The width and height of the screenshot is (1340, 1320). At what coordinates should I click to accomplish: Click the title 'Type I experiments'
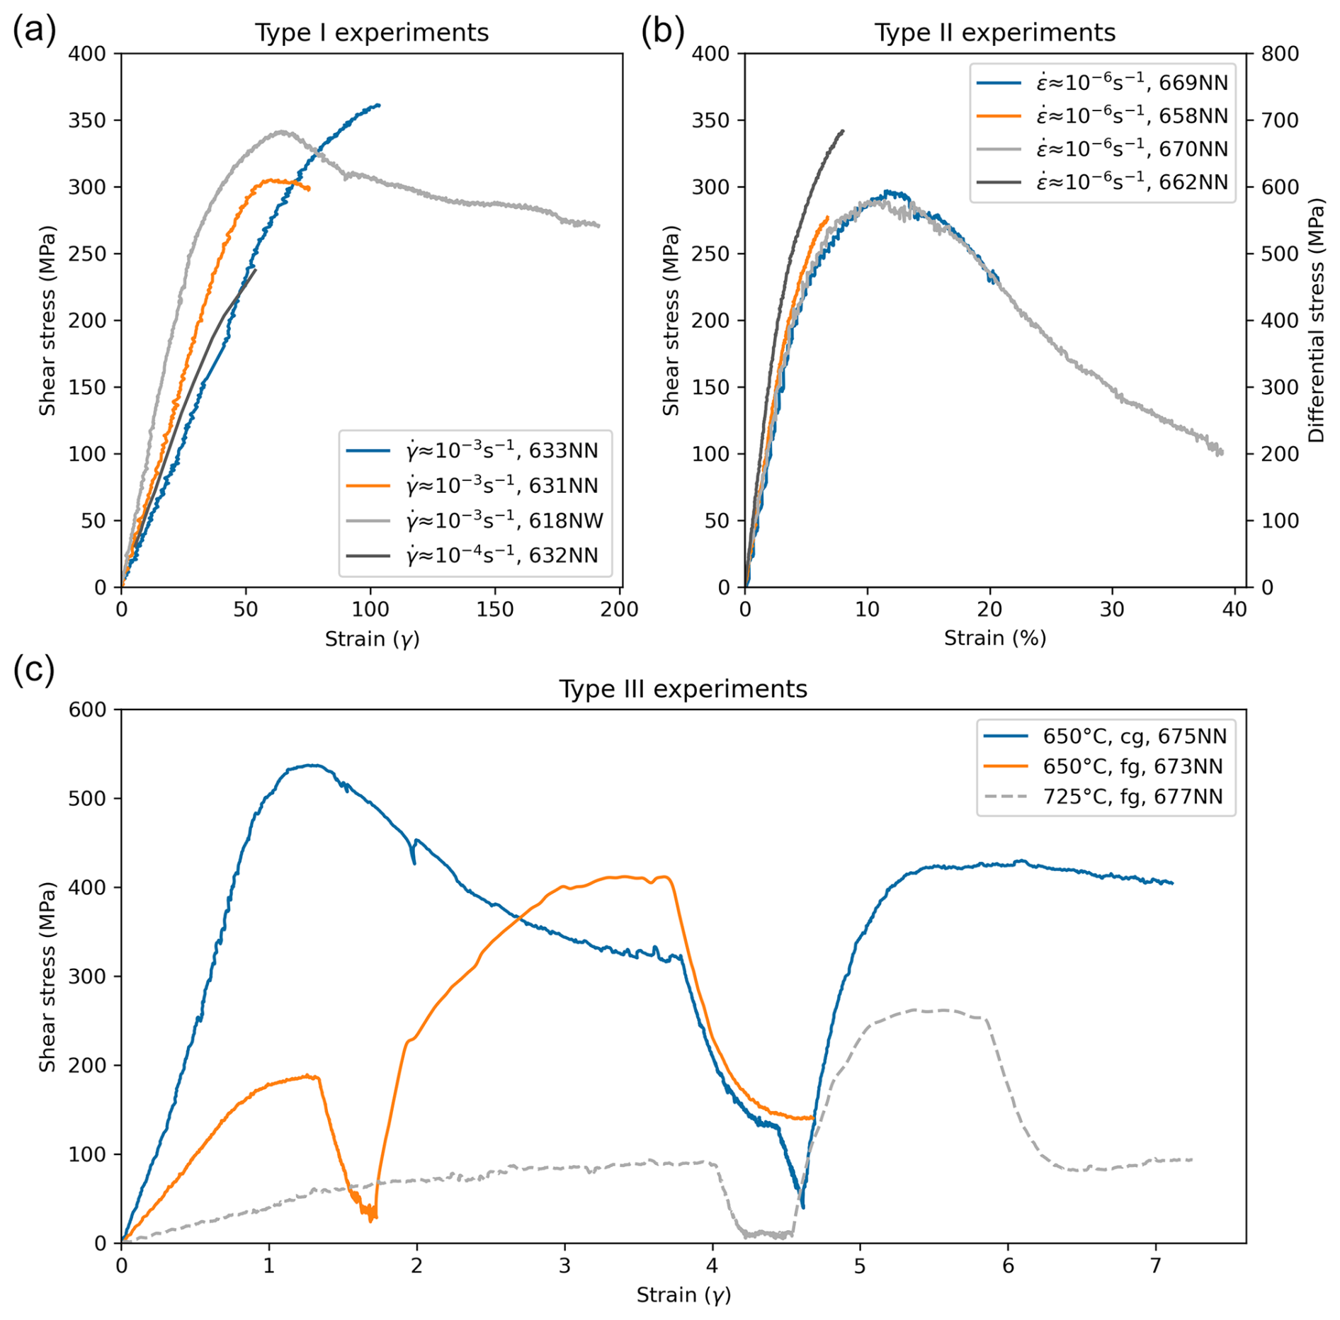[372, 33]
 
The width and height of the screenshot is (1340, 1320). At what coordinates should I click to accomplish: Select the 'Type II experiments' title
[994, 33]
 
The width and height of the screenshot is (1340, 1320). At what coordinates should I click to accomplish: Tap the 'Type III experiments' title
[683, 689]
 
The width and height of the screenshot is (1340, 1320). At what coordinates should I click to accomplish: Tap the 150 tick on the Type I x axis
[494, 610]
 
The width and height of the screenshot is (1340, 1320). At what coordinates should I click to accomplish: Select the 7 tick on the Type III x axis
[1156, 1265]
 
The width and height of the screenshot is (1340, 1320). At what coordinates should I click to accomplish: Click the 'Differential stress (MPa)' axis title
[1316, 320]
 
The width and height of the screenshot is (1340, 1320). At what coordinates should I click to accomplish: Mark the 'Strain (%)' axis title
[994, 639]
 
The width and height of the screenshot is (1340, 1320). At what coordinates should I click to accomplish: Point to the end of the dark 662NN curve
[843, 130]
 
